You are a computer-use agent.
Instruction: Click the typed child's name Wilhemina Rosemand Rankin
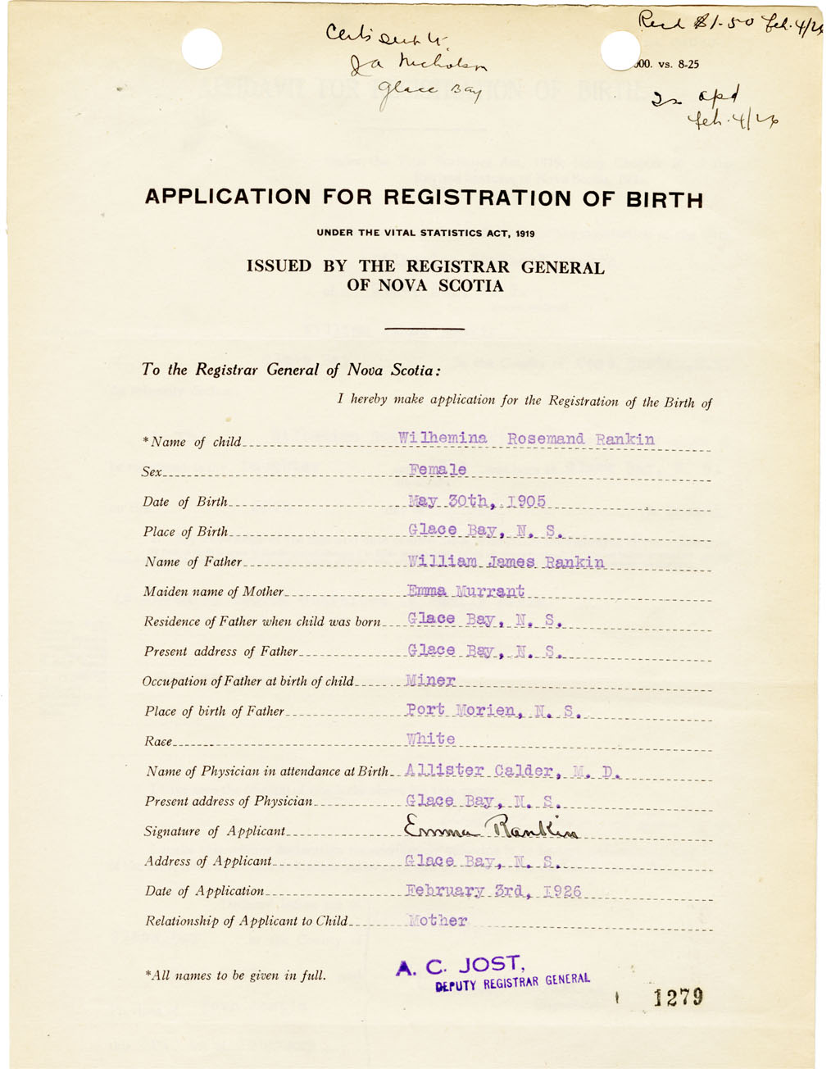coord(526,439)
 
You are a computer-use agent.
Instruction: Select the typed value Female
coord(438,470)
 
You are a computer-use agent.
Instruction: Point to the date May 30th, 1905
coord(476,501)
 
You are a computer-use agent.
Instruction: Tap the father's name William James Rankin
coord(506,562)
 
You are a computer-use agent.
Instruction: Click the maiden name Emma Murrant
coord(465,591)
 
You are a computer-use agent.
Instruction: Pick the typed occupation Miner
coord(430,680)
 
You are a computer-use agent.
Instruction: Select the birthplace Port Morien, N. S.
coord(493,710)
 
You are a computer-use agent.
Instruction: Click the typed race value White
coord(430,739)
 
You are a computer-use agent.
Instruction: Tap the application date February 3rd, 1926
coord(493,891)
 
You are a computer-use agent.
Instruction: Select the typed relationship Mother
coord(438,921)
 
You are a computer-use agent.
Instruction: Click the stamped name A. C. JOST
coord(458,966)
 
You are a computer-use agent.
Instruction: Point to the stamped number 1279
coord(678,997)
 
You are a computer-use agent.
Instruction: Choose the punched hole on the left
coord(202,48)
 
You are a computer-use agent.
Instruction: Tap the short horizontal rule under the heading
coord(424,329)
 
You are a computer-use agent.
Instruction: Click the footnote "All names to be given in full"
coord(235,975)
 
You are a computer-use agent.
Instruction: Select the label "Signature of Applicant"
coord(215,831)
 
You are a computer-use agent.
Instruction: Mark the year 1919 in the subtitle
coord(525,234)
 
